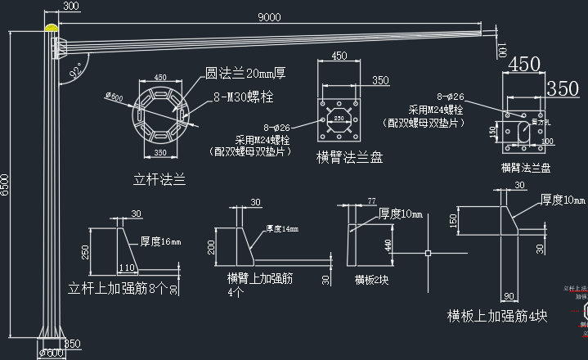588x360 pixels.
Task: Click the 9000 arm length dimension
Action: click(269, 16)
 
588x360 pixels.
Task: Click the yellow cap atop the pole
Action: click(53, 29)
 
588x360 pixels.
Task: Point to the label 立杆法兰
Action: click(159, 178)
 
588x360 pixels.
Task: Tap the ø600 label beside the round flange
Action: click(114, 98)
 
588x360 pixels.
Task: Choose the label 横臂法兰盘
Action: click(349, 158)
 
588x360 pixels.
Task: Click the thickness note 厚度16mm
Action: click(160, 241)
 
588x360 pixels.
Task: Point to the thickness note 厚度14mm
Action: click(281, 228)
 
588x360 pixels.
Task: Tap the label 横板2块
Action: click(370, 279)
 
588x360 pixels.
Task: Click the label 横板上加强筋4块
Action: click(496, 315)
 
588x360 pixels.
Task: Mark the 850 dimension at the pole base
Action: click(72, 343)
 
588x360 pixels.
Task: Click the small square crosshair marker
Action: click(429, 254)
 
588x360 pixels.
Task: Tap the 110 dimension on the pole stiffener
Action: click(127, 268)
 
